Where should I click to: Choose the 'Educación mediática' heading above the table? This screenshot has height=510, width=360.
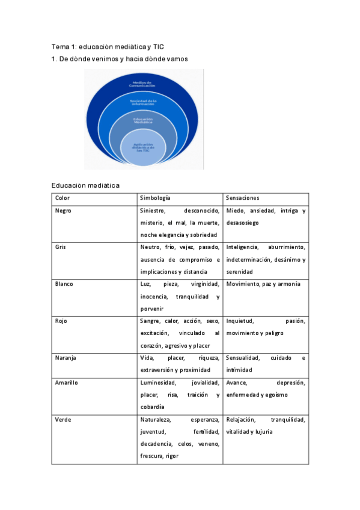85,185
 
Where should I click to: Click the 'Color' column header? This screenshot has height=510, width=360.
63,198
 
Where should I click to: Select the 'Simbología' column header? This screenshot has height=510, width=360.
155,198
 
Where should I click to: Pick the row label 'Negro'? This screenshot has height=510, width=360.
63,211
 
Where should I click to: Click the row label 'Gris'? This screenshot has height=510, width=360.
60,247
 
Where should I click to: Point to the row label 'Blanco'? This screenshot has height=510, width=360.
64,284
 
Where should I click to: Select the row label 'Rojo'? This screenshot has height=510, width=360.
61,321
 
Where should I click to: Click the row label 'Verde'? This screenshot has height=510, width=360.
63,419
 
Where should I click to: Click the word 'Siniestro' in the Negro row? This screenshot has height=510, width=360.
153,211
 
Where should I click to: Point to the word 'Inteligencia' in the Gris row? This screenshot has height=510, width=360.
243,247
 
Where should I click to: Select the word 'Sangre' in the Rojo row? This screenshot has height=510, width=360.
150,321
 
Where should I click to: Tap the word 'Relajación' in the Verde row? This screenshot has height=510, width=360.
241,419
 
